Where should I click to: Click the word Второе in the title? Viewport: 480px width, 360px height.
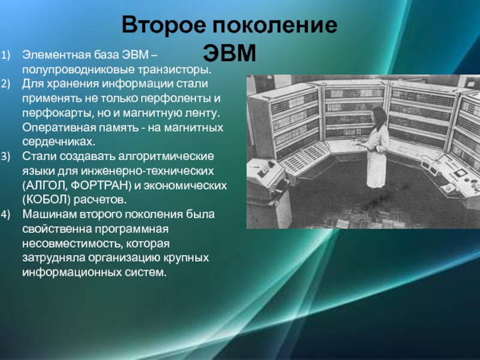point(164,25)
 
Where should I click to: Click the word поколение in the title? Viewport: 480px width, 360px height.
point(275,25)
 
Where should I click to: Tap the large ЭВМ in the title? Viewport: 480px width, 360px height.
point(229,53)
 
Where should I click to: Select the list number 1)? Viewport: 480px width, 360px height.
point(5,55)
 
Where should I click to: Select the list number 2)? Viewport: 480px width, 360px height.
point(5,83)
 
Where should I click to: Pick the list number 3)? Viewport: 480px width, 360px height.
point(5,156)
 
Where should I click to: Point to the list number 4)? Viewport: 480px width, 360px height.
point(5,214)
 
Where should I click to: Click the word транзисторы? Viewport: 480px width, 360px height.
point(175,70)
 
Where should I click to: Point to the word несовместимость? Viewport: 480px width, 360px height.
point(72,244)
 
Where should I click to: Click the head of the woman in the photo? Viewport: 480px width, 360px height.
point(379,115)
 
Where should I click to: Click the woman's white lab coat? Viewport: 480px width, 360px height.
point(377,156)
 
